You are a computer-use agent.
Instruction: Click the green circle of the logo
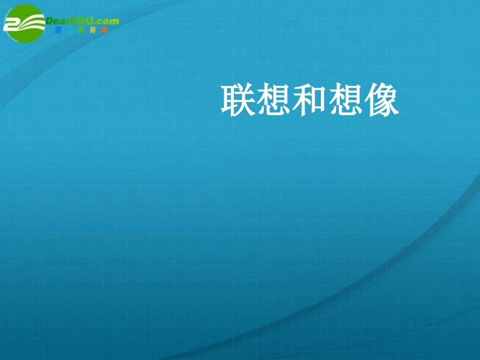pyautogui.click(x=24, y=24)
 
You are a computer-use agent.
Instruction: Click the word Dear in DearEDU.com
pyautogui.click(x=59, y=21)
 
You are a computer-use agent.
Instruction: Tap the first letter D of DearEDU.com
pyautogui.click(x=50, y=21)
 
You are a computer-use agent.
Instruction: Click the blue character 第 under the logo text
pyautogui.click(x=58, y=30)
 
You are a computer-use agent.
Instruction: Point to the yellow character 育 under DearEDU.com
pyautogui.click(x=92, y=30)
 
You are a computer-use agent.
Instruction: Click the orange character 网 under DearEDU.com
pyautogui.click(x=104, y=30)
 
